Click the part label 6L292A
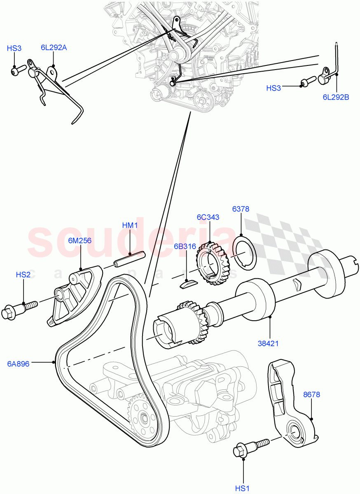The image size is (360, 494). [54, 47]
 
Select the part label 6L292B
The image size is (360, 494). [336, 97]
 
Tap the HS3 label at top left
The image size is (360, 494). [14, 48]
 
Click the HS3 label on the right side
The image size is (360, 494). [274, 88]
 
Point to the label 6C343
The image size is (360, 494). [208, 217]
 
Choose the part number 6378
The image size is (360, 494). [241, 209]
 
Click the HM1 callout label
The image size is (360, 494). [130, 225]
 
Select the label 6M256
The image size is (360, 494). [80, 241]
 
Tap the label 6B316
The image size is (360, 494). [185, 247]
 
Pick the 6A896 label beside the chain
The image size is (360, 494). [18, 364]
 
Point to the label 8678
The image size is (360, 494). [311, 395]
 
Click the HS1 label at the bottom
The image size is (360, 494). [243, 488]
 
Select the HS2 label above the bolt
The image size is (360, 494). [23, 275]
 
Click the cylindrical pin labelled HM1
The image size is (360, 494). [130, 261]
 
